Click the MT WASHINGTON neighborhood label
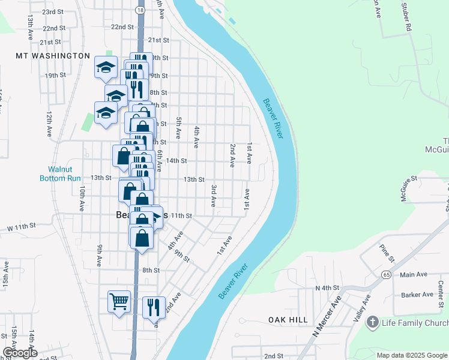pyautogui.click(x=53, y=56)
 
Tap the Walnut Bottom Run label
pyautogui.click(x=60, y=174)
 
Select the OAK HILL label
pyautogui.click(x=288, y=320)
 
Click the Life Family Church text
pyautogui.click(x=415, y=323)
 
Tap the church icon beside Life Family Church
pyautogui.click(x=372, y=323)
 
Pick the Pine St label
pyautogui.click(x=386, y=253)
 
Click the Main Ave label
pyautogui.click(x=413, y=275)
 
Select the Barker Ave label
pyautogui.click(x=417, y=295)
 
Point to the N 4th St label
pyautogui.click(x=328, y=289)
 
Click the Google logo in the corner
pyautogui.click(x=20, y=352)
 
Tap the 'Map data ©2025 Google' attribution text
pyautogui.click(x=411, y=355)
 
